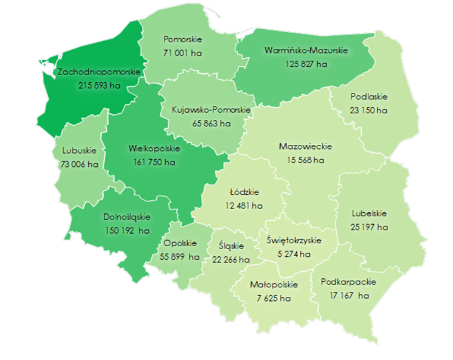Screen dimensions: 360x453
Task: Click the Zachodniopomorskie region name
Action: tap(99, 72)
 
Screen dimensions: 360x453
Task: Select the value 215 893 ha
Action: tap(99, 86)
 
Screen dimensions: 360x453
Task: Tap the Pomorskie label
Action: tap(183, 39)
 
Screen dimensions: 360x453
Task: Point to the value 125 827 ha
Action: tap(304, 64)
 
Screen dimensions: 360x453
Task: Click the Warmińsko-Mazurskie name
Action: tap(305, 50)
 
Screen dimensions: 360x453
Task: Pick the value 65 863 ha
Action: tap(210, 124)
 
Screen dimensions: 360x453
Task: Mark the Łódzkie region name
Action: tap(244, 193)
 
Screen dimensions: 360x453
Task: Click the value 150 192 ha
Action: tap(125, 231)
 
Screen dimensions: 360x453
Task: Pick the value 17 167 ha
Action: tap(349, 295)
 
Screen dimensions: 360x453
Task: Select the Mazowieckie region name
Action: tap(305, 146)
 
